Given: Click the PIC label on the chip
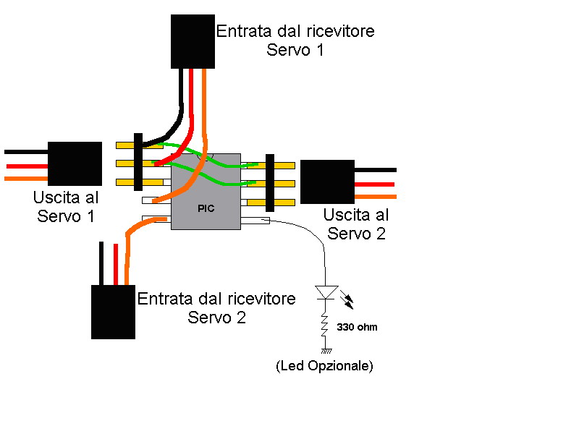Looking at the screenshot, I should [x=206, y=208].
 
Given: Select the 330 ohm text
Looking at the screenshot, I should [x=357, y=327].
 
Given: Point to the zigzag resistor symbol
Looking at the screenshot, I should [x=325, y=328].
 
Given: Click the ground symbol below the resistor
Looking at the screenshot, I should [x=325, y=351].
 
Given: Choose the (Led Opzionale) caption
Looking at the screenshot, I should [x=324, y=366].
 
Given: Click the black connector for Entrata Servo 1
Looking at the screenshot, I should [x=193, y=41].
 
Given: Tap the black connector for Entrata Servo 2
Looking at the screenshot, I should [x=113, y=312].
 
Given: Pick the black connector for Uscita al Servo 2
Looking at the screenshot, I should [x=327, y=182].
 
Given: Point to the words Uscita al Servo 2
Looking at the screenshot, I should [x=355, y=224].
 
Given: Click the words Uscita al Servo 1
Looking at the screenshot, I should [x=66, y=206].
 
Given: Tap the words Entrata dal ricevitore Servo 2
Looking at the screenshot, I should [x=216, y=308].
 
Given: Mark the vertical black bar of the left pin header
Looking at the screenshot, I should [x=138, y=161].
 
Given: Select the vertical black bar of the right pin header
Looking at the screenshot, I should [x=271, y=183].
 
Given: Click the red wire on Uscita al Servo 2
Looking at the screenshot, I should [x=376, y=184].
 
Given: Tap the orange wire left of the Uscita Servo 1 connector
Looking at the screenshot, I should [x=26, y=177].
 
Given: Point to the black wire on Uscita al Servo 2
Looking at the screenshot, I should [x=376, y=170].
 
